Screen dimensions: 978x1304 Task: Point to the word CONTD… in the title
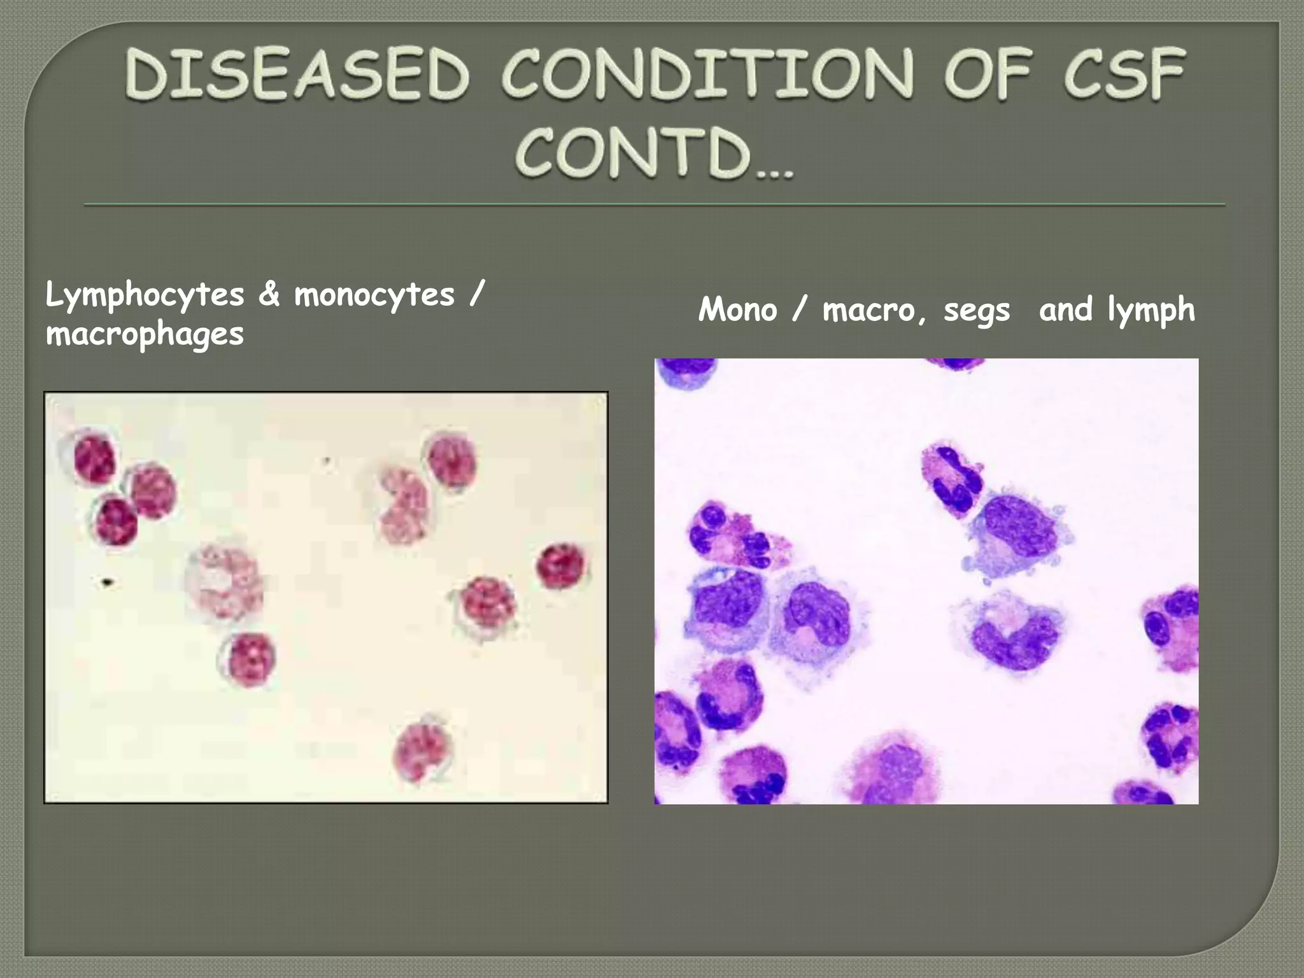tap(655, 153)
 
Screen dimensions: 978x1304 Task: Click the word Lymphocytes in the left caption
tap(145, 295)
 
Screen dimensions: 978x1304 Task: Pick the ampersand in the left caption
tap(269, 294)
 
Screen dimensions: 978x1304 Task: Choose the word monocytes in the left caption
tap(374, 295)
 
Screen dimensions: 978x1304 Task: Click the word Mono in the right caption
tap(737, 310)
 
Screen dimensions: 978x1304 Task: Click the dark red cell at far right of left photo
tap(561, 565)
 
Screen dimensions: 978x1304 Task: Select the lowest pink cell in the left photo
tap(423, 751)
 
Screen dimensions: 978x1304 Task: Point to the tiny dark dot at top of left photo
tap(327, 460)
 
